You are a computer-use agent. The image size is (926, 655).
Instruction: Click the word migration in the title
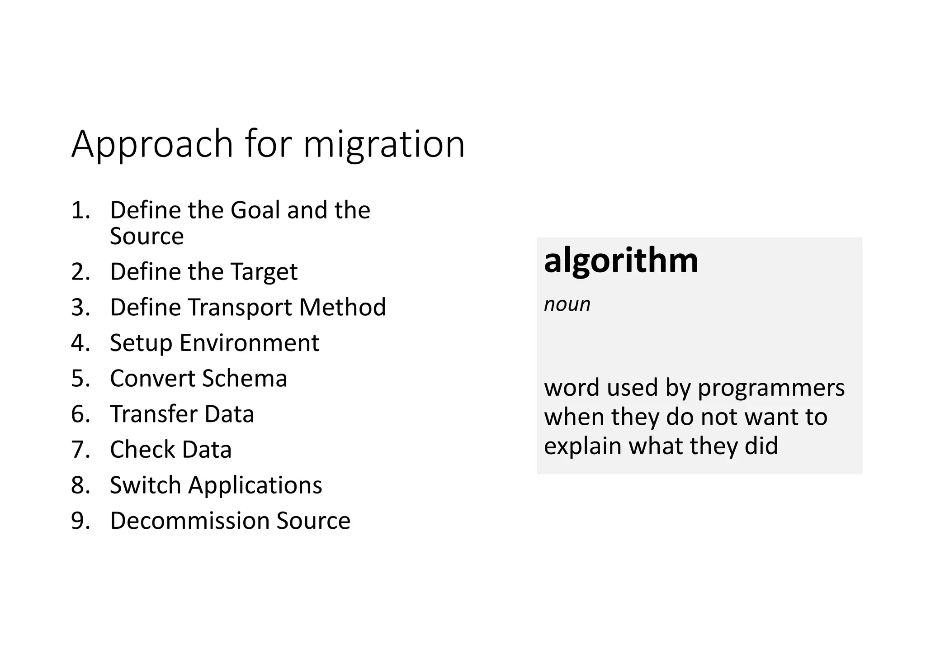(384, 145)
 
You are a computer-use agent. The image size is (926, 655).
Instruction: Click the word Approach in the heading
(152, 145)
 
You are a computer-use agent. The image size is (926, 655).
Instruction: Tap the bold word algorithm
(621, 261)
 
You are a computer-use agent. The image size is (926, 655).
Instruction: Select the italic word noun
(567, 304)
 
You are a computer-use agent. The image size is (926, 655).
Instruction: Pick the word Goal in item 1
(255, 210)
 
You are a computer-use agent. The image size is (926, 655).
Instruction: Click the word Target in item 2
(264, 272)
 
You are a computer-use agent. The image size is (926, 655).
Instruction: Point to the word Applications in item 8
(255, 485)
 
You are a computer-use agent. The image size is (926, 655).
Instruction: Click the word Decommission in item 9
(190, 521)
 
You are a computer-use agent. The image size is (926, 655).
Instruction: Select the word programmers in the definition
(771, 388)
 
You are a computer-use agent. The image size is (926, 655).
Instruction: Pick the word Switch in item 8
(146, 485)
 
